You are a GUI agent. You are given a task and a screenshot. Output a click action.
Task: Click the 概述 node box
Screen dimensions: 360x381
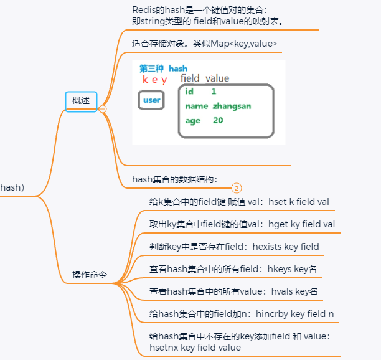81,101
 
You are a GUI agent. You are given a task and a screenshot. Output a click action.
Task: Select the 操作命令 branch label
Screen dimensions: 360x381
89,275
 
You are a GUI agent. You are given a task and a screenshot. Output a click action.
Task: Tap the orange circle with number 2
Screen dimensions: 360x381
237,187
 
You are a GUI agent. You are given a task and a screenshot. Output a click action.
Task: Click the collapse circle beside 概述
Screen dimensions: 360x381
103,108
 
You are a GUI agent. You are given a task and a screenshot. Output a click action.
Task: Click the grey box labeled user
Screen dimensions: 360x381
151,100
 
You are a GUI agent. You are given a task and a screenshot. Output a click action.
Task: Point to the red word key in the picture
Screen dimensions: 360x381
154,79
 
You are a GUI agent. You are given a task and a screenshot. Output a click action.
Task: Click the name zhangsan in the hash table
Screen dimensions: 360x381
218,106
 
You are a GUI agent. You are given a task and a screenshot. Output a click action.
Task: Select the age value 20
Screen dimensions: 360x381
218,121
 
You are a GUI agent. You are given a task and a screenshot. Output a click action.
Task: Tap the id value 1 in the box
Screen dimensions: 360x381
214,92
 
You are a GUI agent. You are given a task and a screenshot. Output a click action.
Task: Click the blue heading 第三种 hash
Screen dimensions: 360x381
163,68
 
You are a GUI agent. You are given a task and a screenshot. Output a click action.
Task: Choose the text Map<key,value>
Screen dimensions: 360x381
246,44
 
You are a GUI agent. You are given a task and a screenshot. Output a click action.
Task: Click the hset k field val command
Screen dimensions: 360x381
291,202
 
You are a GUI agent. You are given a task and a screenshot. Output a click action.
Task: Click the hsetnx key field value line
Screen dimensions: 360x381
195,348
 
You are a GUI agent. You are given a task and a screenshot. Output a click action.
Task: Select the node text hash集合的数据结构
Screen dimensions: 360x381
174,179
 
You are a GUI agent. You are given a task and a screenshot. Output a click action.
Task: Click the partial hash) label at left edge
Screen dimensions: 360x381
12,187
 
